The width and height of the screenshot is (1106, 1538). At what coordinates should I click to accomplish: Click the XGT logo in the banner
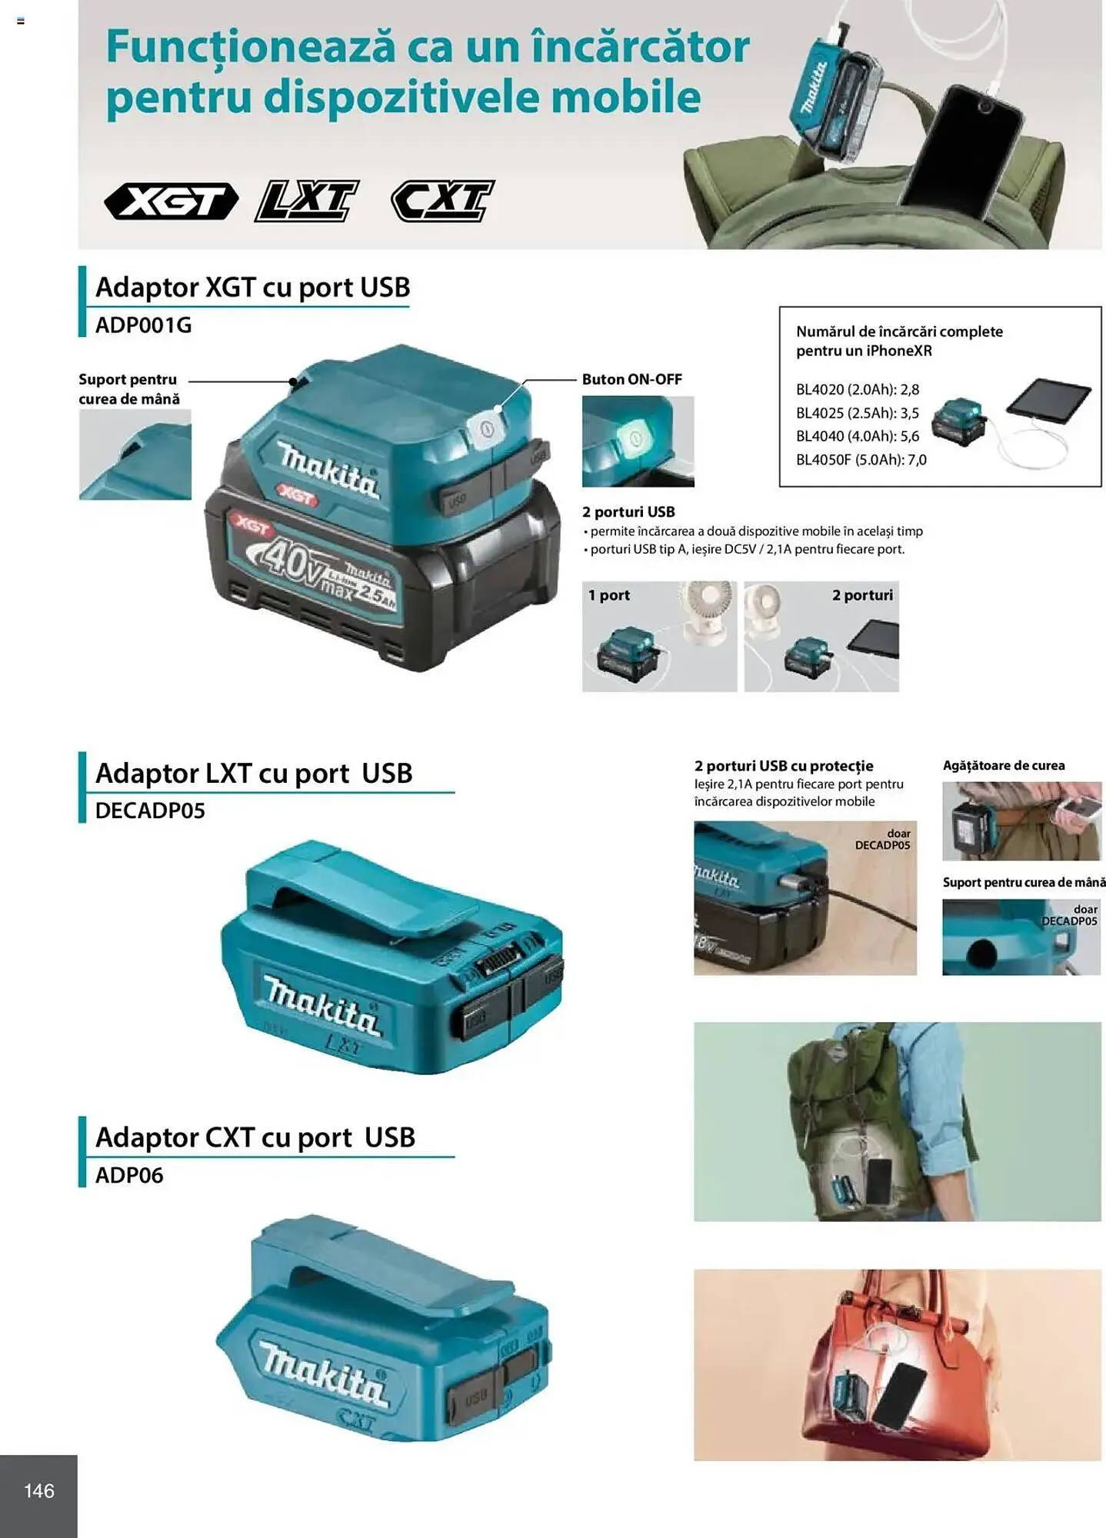[x=171, y=201]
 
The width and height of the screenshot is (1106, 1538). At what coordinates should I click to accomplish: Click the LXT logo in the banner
[x=306, y=201]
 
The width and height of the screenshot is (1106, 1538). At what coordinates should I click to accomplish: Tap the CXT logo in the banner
[x=442, y=201]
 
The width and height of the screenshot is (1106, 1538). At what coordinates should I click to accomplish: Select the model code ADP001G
[x=143, y=325]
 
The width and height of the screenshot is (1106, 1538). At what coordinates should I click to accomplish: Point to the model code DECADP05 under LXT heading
[x=150, y=811]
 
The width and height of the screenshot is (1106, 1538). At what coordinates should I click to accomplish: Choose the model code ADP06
[x=129, y=1175]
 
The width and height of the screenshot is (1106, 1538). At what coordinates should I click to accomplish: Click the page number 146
[x=39, y=1491]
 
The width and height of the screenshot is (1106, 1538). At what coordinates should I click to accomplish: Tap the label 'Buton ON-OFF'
[x=631, y=379]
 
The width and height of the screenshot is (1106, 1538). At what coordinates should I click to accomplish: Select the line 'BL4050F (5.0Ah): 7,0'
[x=861, y=460]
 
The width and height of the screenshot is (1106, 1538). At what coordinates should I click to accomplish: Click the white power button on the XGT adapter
[x=488, y=429]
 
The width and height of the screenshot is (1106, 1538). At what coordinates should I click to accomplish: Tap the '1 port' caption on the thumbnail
[x=608, y=595]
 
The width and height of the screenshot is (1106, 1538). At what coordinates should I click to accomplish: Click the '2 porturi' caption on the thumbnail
[x=862, y=595]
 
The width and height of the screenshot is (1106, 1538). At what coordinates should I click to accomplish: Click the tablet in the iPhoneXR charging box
[x=1048, y=400]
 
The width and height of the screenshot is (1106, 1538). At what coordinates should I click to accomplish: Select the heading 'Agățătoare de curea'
[x=1003, y=766]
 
